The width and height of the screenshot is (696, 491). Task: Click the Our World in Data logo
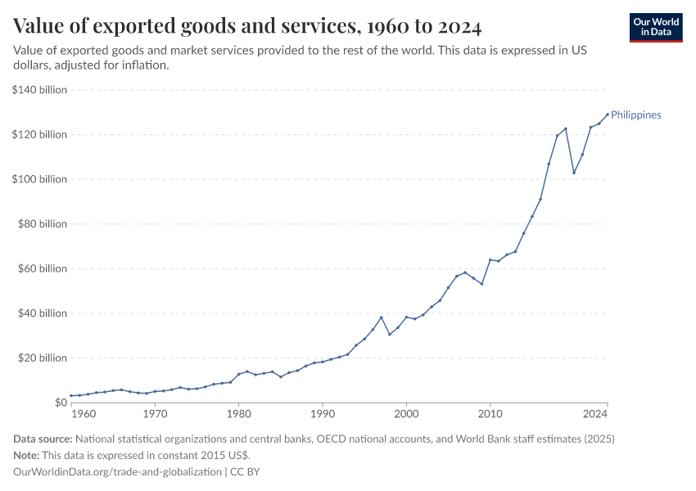(655, 27)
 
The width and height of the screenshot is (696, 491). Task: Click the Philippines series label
(636, 115)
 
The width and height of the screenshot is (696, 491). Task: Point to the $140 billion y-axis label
(39, 90)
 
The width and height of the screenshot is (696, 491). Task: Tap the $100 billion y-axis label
(39, 179)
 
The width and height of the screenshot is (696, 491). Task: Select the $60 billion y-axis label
(42, 268)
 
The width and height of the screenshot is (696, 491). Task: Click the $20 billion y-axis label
(42, 358)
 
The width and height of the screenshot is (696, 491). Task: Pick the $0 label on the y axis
(60, 403)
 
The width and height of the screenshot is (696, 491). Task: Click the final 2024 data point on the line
(607, 115)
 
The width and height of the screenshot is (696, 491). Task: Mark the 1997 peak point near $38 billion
(381, 318)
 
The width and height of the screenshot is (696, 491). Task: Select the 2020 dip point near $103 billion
(574, 173)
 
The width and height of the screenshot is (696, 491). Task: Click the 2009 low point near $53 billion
(481, 284)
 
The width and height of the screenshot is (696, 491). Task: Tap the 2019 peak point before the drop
(565, 128)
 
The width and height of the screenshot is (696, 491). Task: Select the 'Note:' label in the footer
(28, 455)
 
